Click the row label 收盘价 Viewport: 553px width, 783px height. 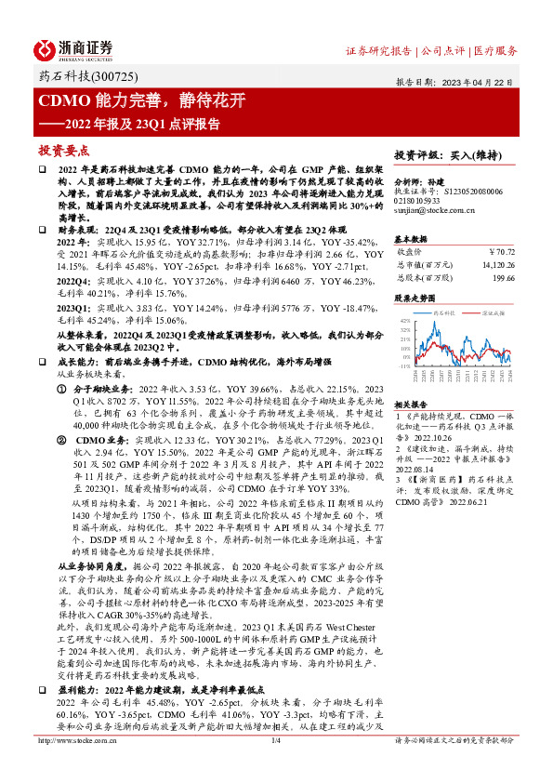(x=410, y=252)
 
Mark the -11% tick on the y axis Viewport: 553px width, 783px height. (x=404, y=366)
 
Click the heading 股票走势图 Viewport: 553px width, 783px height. (x=415, y=299)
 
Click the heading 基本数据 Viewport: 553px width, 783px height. (x=410, y=239)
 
